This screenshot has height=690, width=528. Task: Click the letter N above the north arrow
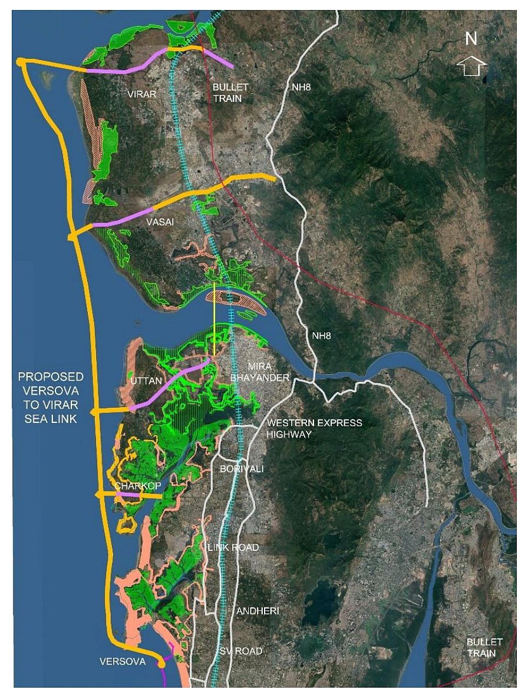click(471, 39)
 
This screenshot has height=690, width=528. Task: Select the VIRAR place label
click(143, 93)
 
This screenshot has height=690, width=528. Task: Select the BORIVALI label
click(242, 469)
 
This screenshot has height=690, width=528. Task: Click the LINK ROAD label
click(233, 547)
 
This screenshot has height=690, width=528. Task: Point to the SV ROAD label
click(241, 651)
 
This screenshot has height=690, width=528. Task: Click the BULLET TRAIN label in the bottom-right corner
click(484, 647)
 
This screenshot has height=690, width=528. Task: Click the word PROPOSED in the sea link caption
click(51, 377)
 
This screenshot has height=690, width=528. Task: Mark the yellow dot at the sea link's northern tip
click(20, 61)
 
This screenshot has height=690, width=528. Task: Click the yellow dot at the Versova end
click(161, 664)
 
